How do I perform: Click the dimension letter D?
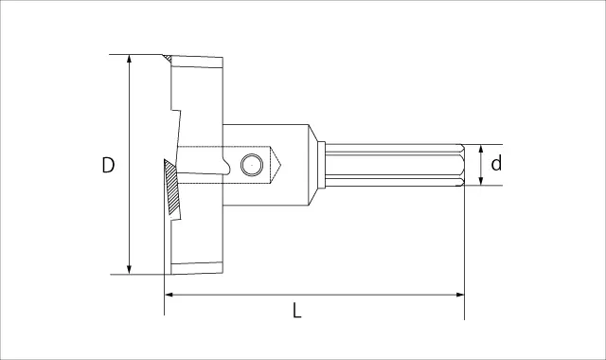(x=108, y=165)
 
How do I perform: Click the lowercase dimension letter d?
(x=496, y=163)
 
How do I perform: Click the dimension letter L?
(x=296, y=310)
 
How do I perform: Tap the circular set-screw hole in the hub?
(x=252, y=165)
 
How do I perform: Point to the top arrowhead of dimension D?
(x=129, y=59)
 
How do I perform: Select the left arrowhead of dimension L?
(x=169, y=295)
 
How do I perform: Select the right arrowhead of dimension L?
(x=459, y=295)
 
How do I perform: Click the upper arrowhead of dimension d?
(x=481, y=149)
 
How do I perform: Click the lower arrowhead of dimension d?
(x=481, y=181)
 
